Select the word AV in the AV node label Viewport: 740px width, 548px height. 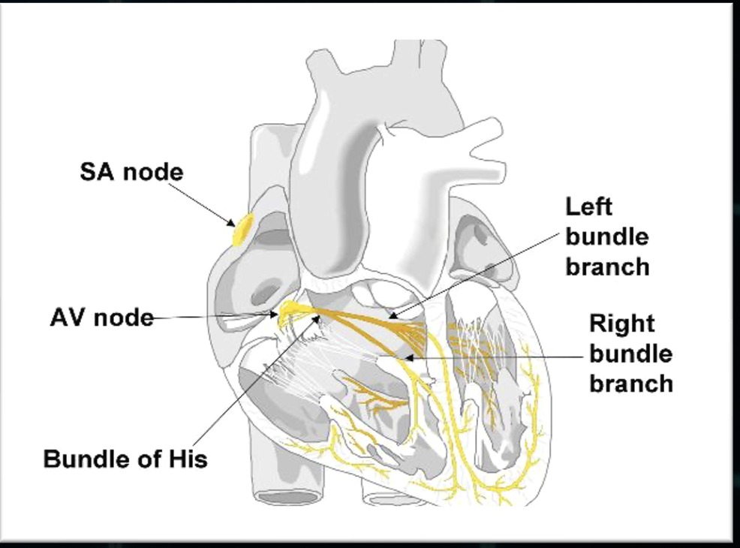click(x=69, y=318)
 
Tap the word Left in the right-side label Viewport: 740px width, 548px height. click(x=589, y=206)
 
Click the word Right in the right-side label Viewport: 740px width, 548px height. click(x=621, y=324)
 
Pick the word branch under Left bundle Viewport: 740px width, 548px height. click(x=608, y=266)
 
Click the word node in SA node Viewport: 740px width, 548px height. click(x=152, y=173)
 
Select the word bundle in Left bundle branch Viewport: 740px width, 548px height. click(x=607, y=236)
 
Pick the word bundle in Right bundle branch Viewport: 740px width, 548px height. click(x=630, y=354)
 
